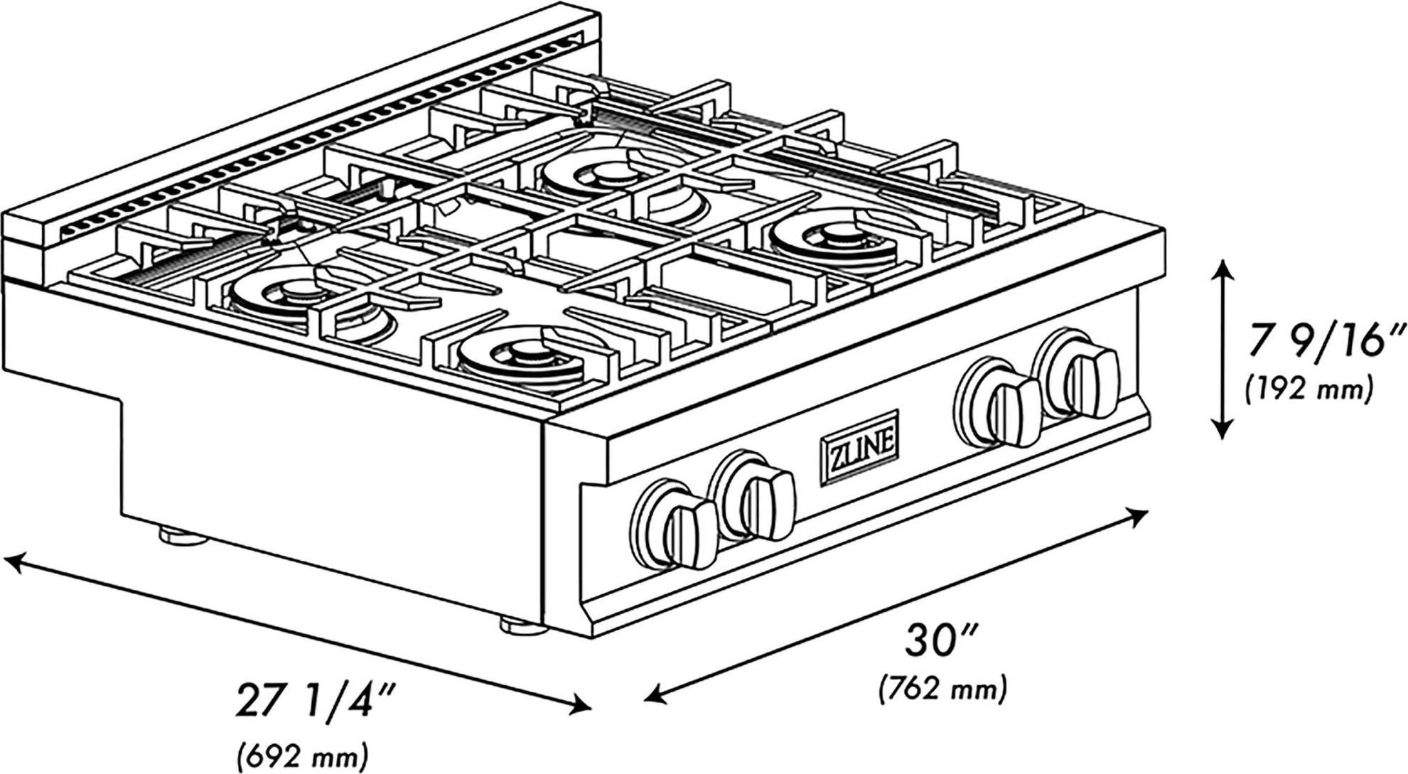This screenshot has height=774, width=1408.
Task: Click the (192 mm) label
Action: tap(1308, 389)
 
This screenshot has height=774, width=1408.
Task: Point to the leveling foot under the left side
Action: tap(183, 535)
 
